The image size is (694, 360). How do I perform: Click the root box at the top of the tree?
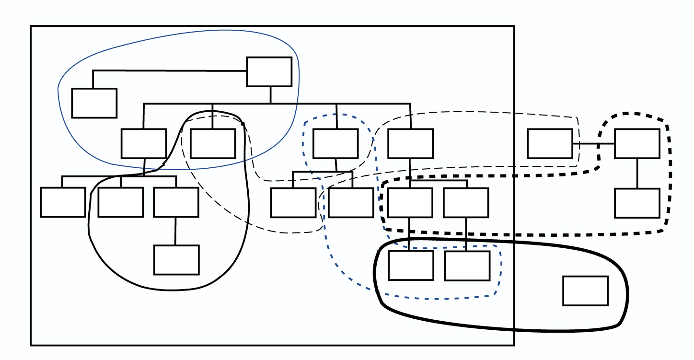[269, 72]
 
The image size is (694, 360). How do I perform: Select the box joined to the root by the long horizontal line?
[94, 103]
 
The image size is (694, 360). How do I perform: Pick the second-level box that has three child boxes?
[143, 143]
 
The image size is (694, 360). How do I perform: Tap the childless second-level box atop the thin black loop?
[212, 143]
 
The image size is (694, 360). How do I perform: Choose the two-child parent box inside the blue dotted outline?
[335, 143]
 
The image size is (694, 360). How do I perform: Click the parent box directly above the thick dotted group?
[410, 143]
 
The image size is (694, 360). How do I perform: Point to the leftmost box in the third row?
[63, 202]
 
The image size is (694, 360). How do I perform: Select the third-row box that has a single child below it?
[176, 202]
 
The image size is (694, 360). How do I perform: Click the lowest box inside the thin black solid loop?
[176, 260]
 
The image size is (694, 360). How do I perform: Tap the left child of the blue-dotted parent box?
[293, 202]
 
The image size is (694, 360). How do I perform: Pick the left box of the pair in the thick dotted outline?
[410, 202]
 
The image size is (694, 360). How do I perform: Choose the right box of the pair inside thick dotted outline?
[466, 202]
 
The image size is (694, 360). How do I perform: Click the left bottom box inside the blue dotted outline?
[411, 265]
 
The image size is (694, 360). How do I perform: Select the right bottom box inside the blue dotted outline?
[467, 266]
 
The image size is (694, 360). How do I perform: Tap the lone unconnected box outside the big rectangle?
[585, 290]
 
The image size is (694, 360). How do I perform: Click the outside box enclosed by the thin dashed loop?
[550, 143]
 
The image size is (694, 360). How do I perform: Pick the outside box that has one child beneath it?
[637, 143]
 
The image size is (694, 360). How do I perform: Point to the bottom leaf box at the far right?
[637, 203]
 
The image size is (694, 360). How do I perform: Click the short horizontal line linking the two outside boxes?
[593, 143]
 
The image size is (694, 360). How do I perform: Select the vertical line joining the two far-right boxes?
[637, 173]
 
